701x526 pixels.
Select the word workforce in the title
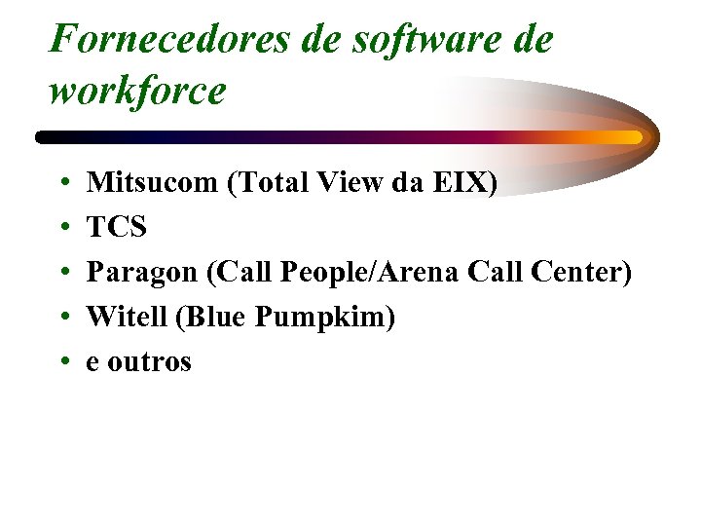point(136,91)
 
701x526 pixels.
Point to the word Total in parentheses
point(264,182)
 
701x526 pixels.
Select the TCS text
point(117,227)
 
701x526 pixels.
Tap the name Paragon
point(142,273)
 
